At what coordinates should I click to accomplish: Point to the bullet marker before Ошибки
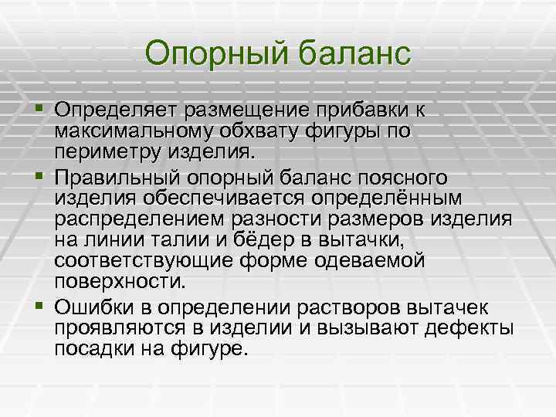click(x=39, y=291)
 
